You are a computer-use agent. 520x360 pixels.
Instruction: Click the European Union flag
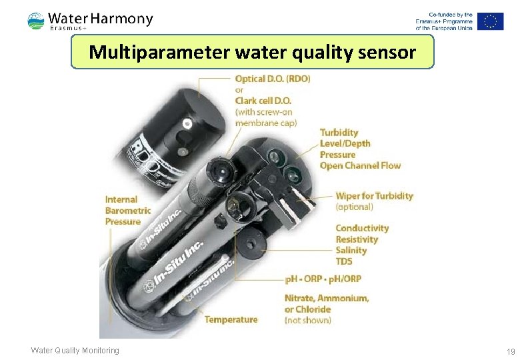[x=490, y=21]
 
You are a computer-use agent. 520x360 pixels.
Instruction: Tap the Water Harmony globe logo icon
[x=36, y=21]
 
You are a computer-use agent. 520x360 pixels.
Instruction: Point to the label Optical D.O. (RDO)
[x=273, y=79]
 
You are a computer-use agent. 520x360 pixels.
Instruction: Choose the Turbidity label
[x=339, y=133]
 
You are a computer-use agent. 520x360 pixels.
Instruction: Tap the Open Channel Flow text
[x=360, y=165]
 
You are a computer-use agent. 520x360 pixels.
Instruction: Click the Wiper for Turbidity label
[x=374, y=196]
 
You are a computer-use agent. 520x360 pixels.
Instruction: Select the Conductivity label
[x=362, y=228]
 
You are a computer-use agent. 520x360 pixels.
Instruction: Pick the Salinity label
[x=351, y=250]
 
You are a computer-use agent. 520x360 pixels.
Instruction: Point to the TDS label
[x=344, y=261]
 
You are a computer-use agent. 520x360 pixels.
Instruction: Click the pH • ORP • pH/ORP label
[x=323, y=279]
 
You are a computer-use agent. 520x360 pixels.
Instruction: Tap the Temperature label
[x=231, y=319]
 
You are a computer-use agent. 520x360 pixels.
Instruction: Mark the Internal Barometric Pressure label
[x=128, y=210]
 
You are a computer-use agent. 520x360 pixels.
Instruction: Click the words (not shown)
[x=307, y=320]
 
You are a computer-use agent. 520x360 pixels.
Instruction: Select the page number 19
[x=511, y=351]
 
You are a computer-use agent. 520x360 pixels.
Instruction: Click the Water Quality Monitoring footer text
[x=75, y=351]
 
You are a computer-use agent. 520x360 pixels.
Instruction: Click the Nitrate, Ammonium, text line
[x=327, y=298]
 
